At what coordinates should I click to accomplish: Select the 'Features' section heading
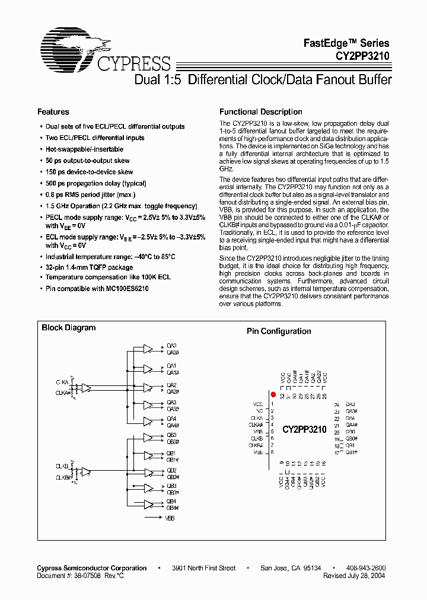[x=53, y=112]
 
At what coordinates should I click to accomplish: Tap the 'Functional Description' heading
[x=260, y=112]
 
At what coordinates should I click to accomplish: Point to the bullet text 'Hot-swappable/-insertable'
[x=84, y=149]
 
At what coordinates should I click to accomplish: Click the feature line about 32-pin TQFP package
[x=89, y=268]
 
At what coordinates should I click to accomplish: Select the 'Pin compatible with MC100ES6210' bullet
[x=97, y=289]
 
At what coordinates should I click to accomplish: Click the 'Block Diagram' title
[x=68, y=328]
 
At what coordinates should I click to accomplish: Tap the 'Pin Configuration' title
[x=278, y=331]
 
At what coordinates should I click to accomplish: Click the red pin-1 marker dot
[x=273, y=394]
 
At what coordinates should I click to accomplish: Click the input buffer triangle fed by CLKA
[x=87, y=388]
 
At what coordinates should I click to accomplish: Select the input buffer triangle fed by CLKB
[x=87, y=473]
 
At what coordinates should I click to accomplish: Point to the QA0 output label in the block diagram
[x=171, y=346]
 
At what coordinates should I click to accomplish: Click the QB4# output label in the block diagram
[x=172, y=508]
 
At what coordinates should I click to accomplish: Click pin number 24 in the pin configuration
[x=336, y=404]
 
